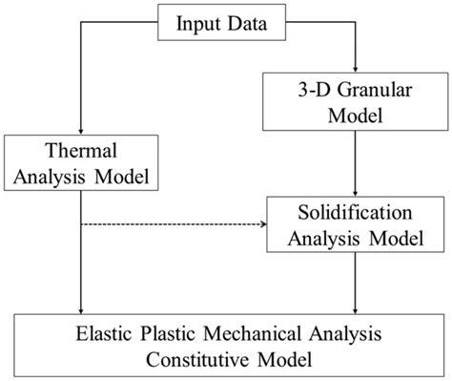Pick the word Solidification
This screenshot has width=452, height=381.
[356, 211]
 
